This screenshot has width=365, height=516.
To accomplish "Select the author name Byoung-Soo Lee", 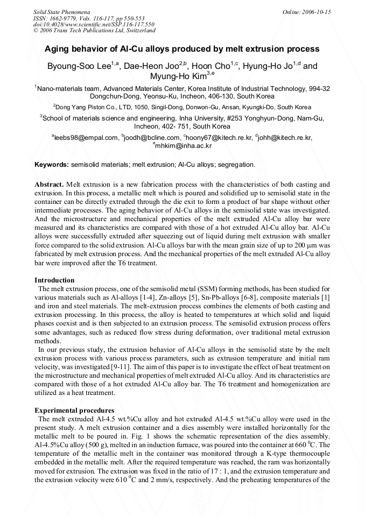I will [x=89, y=67].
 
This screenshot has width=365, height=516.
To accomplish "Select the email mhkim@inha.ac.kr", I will [x=184, y=145].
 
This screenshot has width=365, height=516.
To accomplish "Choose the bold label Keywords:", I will [x=52, y=164].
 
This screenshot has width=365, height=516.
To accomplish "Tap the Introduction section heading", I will [x=54, y=280].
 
